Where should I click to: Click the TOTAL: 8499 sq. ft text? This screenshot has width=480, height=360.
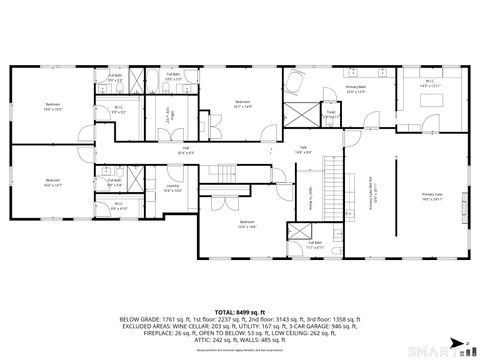240,285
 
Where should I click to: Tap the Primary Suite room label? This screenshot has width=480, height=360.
432,196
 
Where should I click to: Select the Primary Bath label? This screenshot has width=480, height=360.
355,88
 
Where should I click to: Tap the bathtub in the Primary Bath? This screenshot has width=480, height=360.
297,83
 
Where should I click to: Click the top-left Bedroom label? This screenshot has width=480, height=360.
51,106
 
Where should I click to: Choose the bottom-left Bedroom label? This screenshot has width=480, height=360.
51,183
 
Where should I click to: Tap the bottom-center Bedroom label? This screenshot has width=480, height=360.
247,225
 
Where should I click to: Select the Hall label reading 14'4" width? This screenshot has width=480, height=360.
303,150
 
